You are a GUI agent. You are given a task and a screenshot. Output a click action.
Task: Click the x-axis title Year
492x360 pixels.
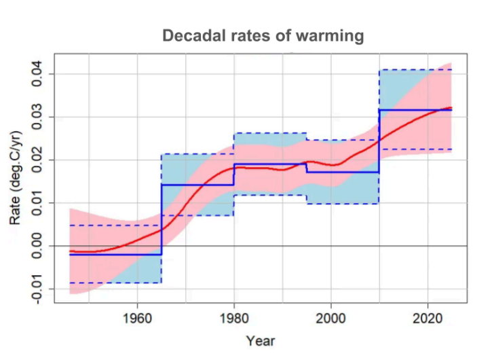(260, 340)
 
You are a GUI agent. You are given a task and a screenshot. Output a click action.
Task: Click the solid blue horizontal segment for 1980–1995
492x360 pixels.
(271, 164)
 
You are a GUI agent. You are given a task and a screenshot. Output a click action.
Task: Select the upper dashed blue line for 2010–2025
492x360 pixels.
(414, 69)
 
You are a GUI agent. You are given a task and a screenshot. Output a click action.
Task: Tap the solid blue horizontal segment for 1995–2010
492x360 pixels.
(343, 173)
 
